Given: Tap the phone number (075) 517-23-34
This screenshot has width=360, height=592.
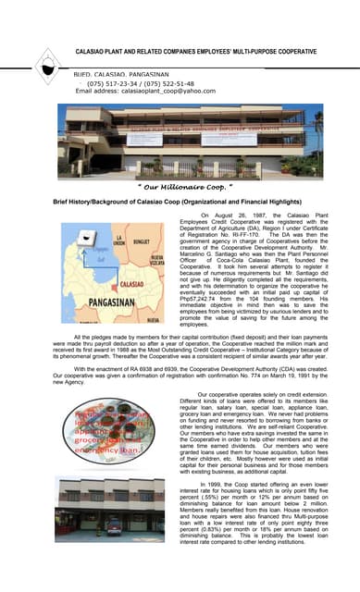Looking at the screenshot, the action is [115, 82].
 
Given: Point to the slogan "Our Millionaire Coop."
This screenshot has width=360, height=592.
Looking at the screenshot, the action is [180, 185].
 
